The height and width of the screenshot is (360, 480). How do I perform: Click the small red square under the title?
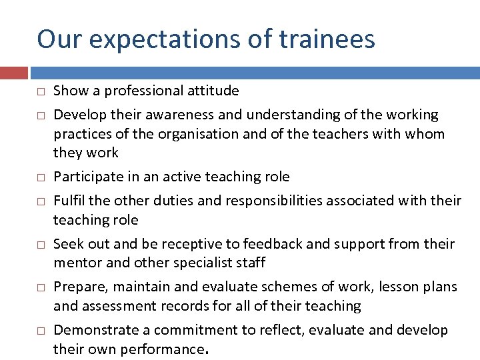pos(13,73)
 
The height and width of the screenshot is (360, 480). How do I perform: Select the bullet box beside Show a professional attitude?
pos(41,91)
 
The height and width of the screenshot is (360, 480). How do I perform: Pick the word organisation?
pos(198,134)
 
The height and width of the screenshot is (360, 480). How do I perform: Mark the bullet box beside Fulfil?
pos(41,201)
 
